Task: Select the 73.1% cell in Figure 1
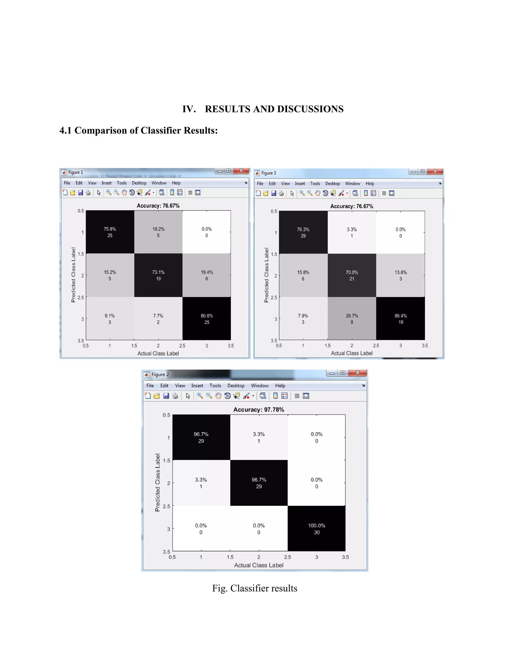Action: (158, 275)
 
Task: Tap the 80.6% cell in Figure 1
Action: (207, 319)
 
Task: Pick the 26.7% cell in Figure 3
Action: (352, 319)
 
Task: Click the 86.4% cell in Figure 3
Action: (401, 319)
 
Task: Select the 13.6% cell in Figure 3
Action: (401, 275)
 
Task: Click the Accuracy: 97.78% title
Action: (259, 409)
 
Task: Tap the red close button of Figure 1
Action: (241, 171)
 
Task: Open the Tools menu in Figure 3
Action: (315, 184)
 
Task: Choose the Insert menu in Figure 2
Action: (197, 386)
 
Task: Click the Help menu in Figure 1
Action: (176, 183)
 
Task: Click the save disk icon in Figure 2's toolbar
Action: (166, 396)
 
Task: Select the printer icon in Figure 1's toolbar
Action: (88, 193)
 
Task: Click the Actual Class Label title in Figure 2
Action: (259, 565)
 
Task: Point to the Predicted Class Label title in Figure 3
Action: (266, 275)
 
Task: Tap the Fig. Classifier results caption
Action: (255, 588)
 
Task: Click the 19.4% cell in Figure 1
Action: (207, 275)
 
